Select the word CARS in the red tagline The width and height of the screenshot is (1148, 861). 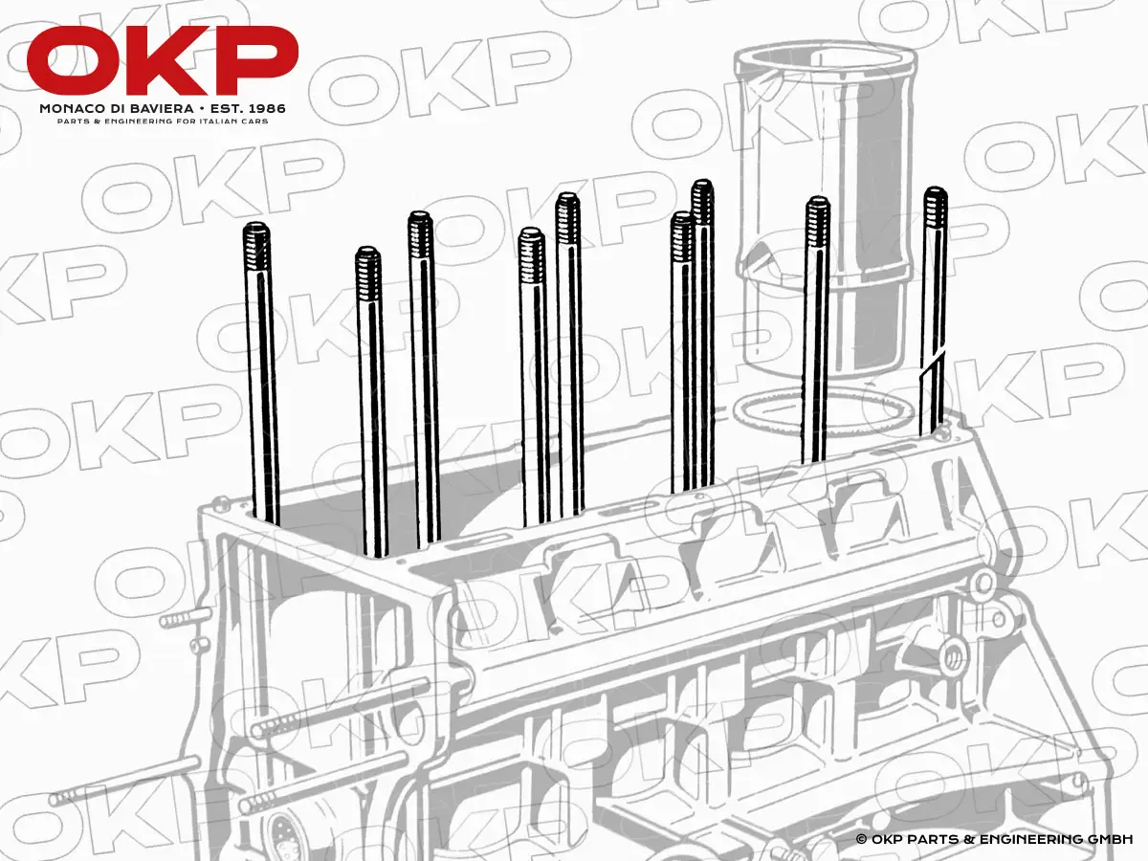click(255, 121)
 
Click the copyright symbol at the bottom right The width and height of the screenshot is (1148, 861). click(861, 839)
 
